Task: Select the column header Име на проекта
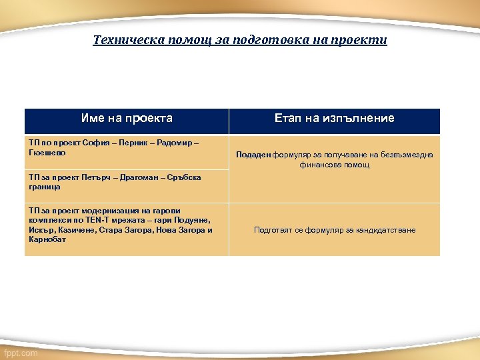[x=127, y=119]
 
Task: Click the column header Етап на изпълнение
[x=334, y=119]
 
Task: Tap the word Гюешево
[x=47, y=153]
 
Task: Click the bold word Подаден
[x=253, y=155]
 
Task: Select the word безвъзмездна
[x=407, y=155]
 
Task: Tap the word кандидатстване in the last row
[x=382, y=230]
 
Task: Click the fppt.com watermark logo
[x=21, y=353]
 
